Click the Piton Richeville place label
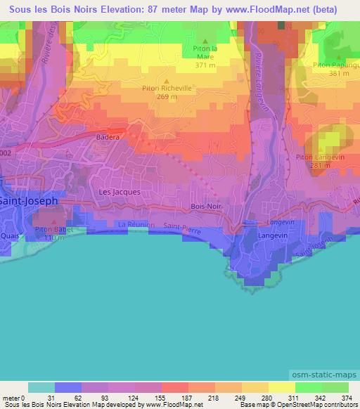click(x=167, y=89)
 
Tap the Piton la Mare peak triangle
click(x=205, y=41)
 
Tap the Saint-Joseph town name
click(x=29, y=200)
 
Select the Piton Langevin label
click(x=317, y=157)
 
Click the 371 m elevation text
click(x=205, y=64)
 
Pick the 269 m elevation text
click(x=167, y=97)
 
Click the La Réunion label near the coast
click(x=131, y=224)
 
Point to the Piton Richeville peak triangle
click(x=167, y=81)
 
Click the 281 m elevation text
click(x=317, y=165)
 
